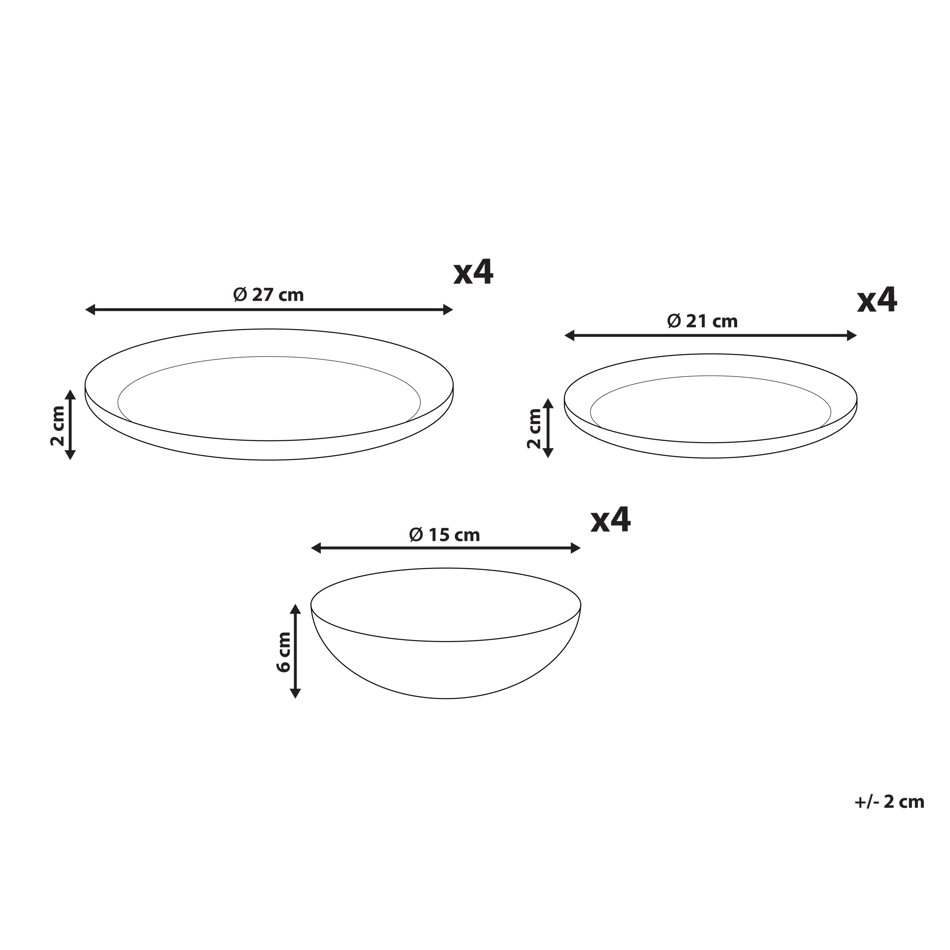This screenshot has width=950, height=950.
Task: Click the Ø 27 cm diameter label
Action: tap(268, 295)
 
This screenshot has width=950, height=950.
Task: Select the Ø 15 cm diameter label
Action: tap(445, 535)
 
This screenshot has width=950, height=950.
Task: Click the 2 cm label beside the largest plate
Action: tap(58, 426)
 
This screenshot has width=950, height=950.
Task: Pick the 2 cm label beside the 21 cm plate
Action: tap(534, 428)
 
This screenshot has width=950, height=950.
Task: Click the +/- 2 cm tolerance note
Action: tap(890, 802)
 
